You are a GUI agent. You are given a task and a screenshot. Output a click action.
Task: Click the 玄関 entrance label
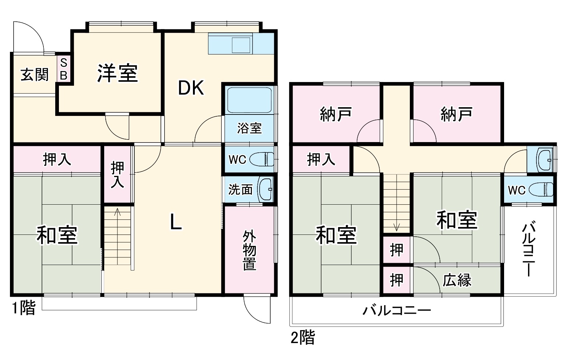tap(34, 75)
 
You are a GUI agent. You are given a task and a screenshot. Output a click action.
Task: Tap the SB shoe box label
tap(63, 69)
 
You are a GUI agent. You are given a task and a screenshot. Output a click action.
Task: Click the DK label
tap(191, 88)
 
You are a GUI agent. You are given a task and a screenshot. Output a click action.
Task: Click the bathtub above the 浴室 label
tap(249, 100)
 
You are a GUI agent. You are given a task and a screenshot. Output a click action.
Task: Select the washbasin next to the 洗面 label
tap(265, 189)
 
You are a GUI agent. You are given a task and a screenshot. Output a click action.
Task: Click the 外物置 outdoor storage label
tap(249, 251)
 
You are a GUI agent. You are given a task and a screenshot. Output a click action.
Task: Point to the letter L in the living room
tap(176, 222)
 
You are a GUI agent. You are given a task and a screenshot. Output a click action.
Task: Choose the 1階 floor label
tap(24, 308)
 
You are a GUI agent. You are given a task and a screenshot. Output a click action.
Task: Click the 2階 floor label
tap(303, 337)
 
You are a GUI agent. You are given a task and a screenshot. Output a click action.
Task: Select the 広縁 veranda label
tap(457, 280)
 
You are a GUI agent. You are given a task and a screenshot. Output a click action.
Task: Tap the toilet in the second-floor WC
tap(541, 190)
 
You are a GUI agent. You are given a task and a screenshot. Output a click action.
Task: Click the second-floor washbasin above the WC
tap(544, 159)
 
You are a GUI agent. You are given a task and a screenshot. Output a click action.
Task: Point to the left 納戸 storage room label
tap(335, 114)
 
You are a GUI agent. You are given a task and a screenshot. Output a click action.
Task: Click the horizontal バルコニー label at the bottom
tap(396, 311)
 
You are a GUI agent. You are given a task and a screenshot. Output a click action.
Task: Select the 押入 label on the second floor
tap(321, 159)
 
